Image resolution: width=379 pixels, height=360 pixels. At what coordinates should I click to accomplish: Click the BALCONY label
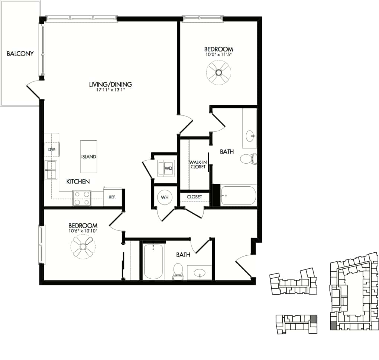click(x=20, y=53)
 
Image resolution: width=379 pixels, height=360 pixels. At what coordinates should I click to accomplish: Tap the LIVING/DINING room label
click(x=110, y=84)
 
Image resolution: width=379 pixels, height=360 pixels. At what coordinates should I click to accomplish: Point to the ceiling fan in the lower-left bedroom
click(x=83, y=247)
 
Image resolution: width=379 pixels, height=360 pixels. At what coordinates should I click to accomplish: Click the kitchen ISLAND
click(x=89, y=156)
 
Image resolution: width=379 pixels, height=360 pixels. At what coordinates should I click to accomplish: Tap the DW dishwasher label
click(x=51, y=149)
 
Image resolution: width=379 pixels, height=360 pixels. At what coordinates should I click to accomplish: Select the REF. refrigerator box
click(x=112, y=197)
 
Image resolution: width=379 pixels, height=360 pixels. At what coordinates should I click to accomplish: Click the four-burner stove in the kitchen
click(x=82, y=197)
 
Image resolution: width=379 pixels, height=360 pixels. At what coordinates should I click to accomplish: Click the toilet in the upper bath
click(x=248, y=159)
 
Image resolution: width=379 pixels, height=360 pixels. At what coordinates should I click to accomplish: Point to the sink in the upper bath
click(x=250, y=134)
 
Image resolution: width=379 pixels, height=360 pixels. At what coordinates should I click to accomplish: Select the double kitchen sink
click(x=51, y=170)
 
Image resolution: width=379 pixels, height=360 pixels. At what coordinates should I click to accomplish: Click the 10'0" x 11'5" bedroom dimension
click(x=218, y=55)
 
